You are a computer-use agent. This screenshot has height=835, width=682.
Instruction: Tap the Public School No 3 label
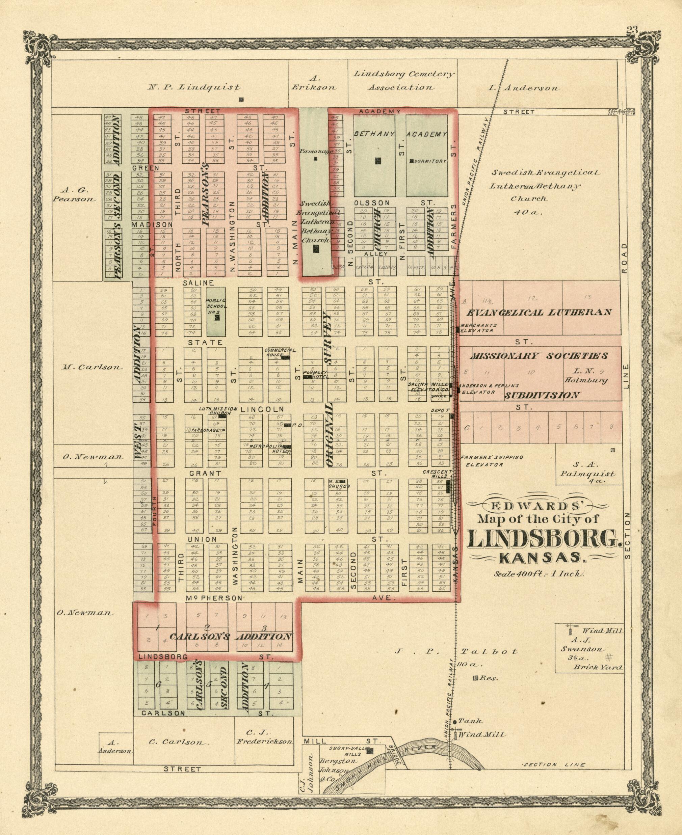216,307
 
